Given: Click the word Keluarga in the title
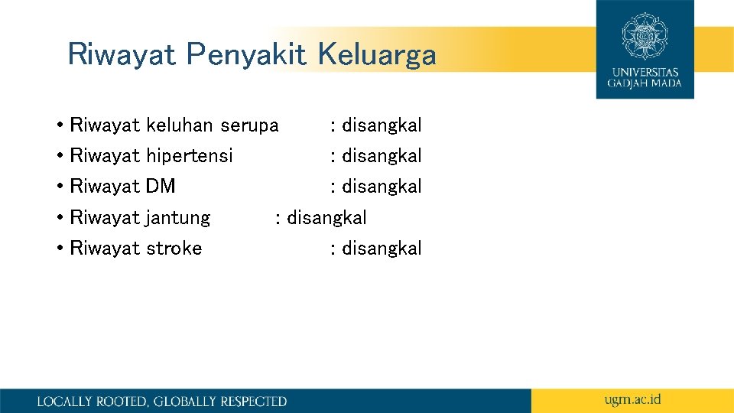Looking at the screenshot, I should click(377, 55).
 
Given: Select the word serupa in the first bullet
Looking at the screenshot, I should click(249, 125).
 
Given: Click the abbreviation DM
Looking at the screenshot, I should click(161, 187).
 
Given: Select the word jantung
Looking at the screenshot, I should click(177, 218).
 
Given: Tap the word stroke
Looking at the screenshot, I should click(174, 249).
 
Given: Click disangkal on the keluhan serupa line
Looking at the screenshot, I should click(382, 125).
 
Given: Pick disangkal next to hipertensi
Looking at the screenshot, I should click(382, 156).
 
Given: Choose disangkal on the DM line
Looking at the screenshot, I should click(382, 187).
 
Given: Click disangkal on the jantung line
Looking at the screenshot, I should click(326, 218).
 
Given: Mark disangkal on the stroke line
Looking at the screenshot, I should click(382, 249).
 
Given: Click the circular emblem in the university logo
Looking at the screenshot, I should click(645, 35).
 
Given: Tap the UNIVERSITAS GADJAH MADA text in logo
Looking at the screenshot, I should click(645, 77).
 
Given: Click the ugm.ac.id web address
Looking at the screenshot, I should click(632, 399).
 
